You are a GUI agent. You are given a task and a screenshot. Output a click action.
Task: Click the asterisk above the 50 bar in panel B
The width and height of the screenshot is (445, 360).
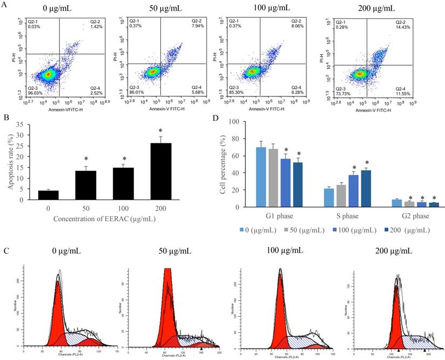[86, 159]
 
